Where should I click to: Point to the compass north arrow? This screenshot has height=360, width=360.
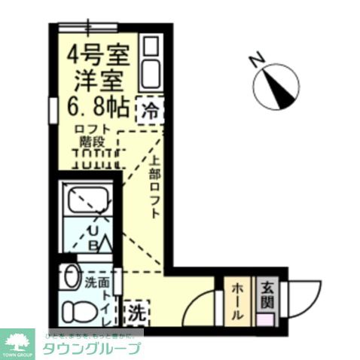click(x=279, y=84)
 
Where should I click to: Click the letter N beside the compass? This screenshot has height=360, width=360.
click(x=257, y=58)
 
